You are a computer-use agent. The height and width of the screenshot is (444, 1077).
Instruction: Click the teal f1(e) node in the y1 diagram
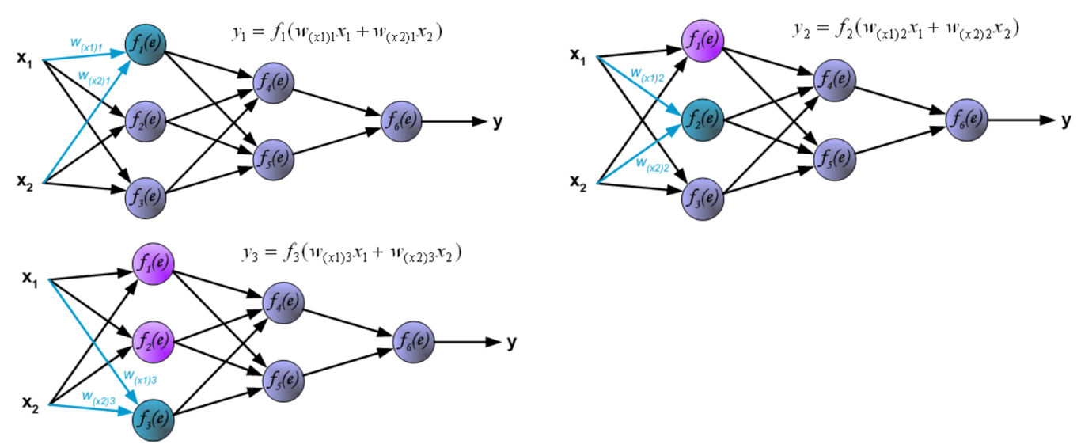[x=146, y=44]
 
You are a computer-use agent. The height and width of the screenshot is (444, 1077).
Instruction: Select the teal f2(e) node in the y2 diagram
[x=703, y=120]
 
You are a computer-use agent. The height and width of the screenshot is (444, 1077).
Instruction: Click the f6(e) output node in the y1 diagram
[x=401, y=121]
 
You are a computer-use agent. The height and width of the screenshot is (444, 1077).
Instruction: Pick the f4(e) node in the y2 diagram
[x=835, y=80]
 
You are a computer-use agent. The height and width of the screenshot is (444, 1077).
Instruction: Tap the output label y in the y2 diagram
[x=1066, y=120]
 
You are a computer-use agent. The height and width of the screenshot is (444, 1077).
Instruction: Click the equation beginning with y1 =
[x=335, y=33]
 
